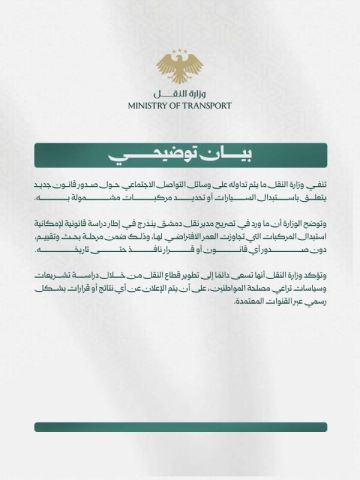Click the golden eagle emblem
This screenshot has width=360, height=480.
point(180,67)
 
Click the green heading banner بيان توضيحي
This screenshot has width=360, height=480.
point(180,156)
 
